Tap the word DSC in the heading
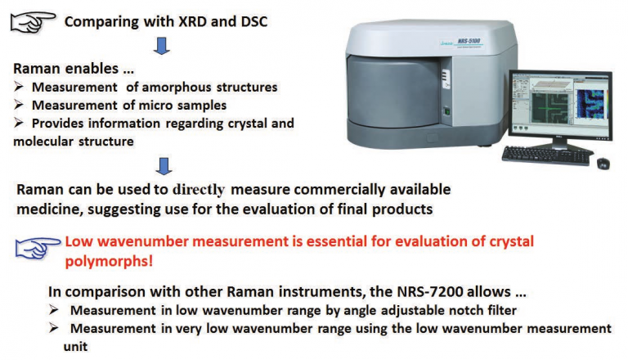tap(254, 21)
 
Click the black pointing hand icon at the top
tap(33, 22)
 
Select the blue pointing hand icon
tap(38, 247)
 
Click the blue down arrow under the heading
tap(162, 46)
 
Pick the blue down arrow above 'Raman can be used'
tap(164, 166)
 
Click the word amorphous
tap(177, 87)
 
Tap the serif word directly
tap(199, 190)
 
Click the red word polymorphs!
tap(109, 261)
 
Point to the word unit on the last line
tap(75, 346)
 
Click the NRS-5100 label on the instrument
tap(469, 41)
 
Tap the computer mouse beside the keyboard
tap(603, 163)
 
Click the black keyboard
tap(547, 155)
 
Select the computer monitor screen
tap(561, 105)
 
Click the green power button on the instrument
tap(447, 112)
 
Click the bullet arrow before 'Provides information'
tap(19, 123)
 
